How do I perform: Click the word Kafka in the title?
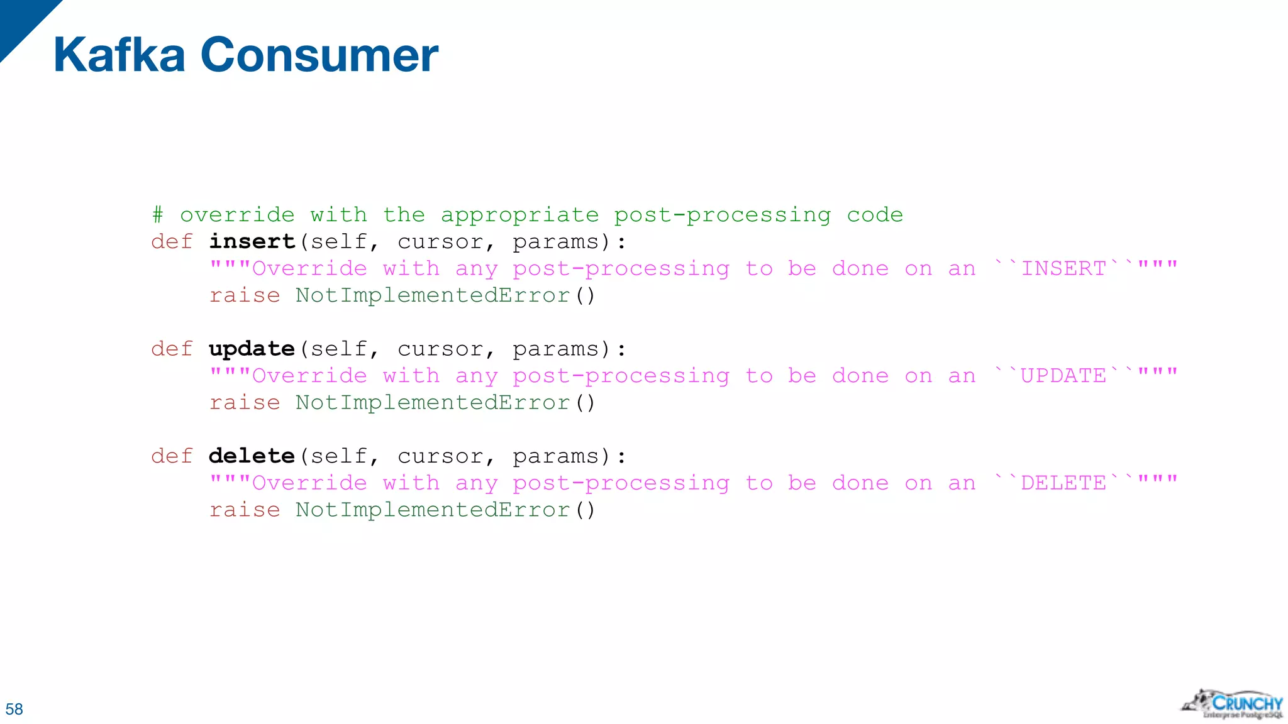[119, 55]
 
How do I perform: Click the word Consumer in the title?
[319, 55]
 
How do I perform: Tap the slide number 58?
[14, 709]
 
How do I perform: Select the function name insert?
[252, 242]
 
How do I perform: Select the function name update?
[252, 349]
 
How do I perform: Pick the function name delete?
[252, 456]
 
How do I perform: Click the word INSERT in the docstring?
[1063, 269]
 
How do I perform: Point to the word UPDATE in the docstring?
[1063, 376]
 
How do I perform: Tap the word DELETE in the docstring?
[1063, 483]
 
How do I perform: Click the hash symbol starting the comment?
[157, 216]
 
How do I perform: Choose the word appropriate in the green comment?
[519, 216]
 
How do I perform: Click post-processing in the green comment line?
[722, 216]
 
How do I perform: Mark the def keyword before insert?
[172, 242]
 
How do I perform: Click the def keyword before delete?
[172, 456]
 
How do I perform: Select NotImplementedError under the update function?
[433, 403]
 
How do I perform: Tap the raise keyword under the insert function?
[245, 295]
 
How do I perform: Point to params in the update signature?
[555, 349]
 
